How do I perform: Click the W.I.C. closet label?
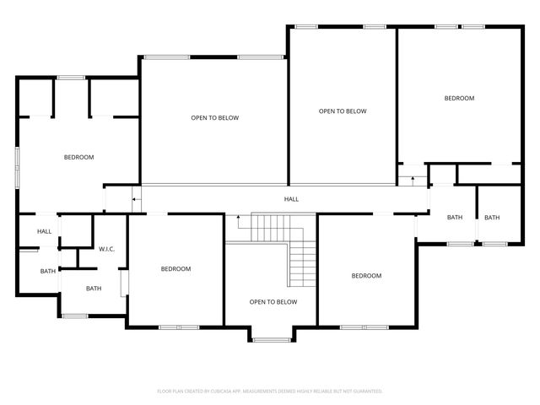pos(106,249)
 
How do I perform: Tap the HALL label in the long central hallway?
pos(290,199)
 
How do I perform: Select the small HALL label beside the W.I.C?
pos(44,231)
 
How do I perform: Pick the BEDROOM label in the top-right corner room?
pos(459,99)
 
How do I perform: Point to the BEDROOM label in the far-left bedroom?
pos(78,158)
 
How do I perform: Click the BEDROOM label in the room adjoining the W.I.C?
pos(175,269)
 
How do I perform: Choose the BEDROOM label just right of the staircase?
pos(366,276)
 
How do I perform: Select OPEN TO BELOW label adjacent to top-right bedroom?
pos(342,111)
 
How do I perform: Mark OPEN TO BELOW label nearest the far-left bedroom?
pos(214,118)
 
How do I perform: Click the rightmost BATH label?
pos(491,218)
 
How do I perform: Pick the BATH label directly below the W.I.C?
pos(93,289)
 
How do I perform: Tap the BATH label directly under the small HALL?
pos(47,271)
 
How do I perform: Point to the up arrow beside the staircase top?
pos(239,221)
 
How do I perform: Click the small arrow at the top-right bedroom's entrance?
pos(413,178)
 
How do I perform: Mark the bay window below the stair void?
pos(271,340)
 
